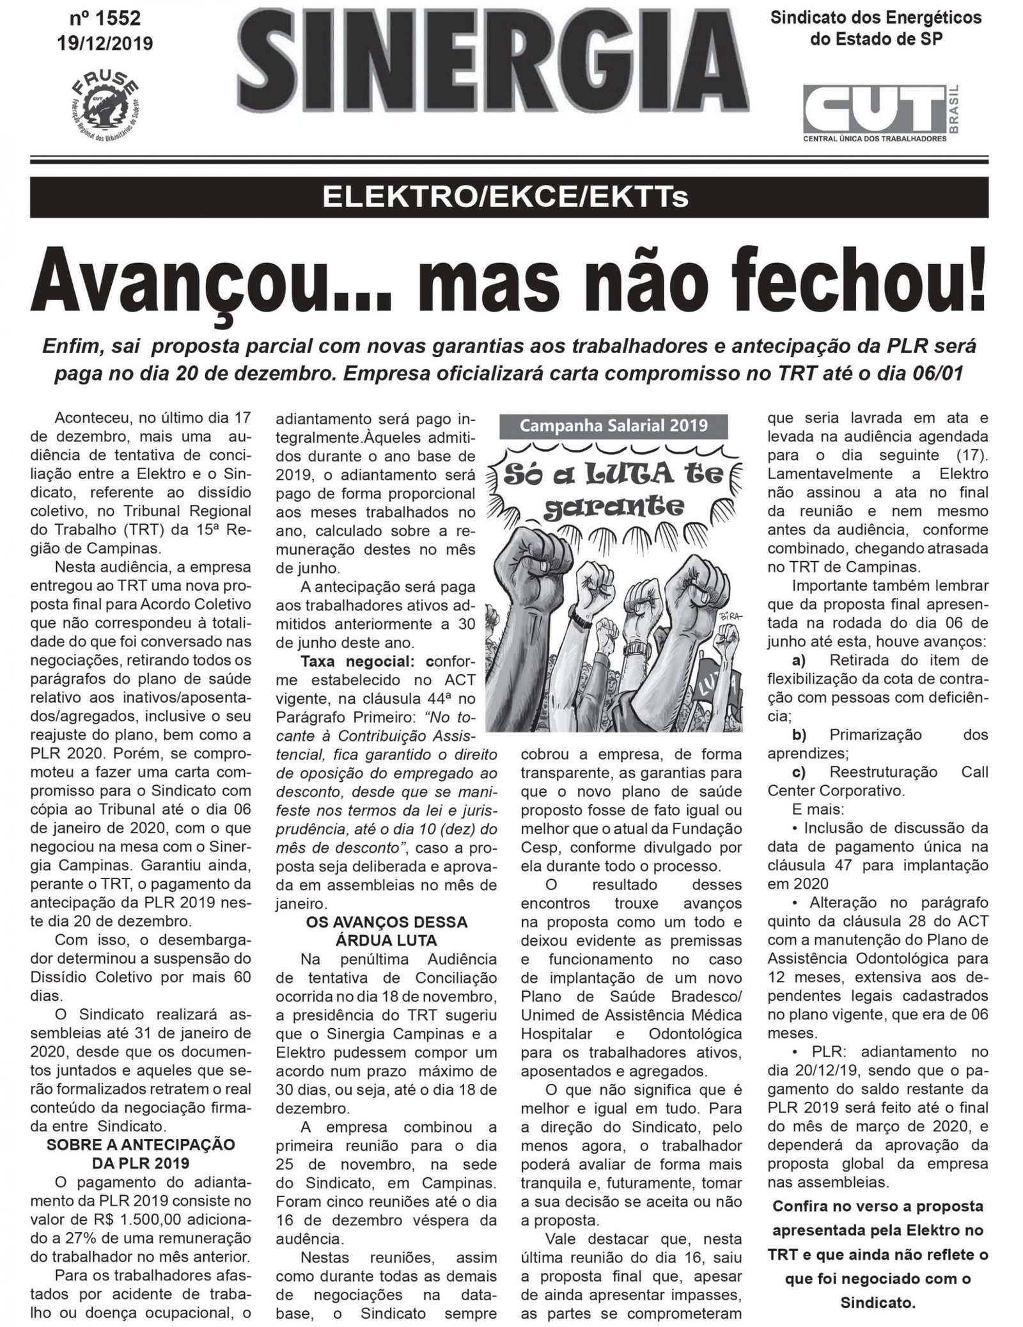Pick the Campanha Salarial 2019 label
614,425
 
